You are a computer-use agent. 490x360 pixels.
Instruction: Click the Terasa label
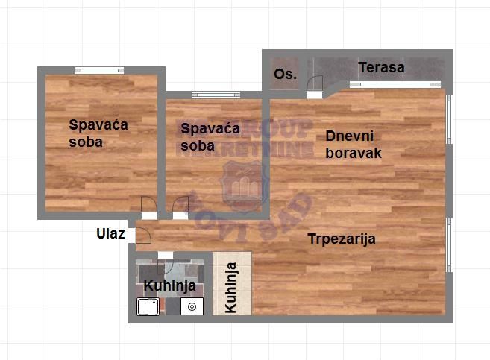click(381, 68)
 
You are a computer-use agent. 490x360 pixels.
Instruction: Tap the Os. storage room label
click(285, 74)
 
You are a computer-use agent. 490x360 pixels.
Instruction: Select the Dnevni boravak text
click(354, 145)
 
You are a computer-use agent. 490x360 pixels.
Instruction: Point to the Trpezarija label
click(342, 239)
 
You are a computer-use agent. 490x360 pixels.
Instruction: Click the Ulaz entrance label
click(110, 233)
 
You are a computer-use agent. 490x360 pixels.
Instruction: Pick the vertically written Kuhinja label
click(231, 287)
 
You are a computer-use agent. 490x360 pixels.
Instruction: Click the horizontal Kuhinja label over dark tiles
click(170, 285)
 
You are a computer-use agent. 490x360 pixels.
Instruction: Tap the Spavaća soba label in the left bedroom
click(98, 133)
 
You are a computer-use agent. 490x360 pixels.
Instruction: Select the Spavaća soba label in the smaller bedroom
click(210, 136)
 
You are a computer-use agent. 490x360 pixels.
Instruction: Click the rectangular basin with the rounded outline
click(148, 306)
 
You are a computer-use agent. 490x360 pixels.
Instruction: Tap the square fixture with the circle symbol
click(192, 306)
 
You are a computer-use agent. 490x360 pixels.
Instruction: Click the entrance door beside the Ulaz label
click(141, 235)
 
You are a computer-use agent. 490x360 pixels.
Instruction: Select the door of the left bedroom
click(148, 206)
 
